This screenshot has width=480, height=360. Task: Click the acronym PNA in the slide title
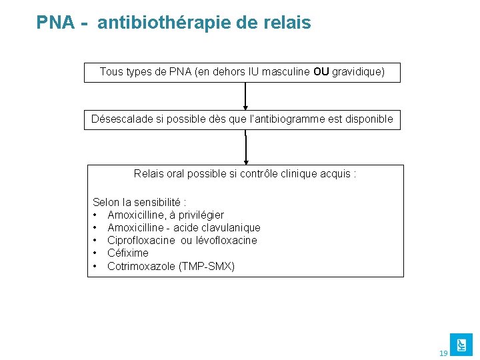coord(56,23)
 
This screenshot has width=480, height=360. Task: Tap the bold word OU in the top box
coord(321,72)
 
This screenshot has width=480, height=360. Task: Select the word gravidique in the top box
coord(358,72)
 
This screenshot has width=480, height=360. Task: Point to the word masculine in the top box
coord(286,72)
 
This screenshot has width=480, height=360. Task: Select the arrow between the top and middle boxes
coord(246,96)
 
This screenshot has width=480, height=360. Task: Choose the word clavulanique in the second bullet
coord(231,227)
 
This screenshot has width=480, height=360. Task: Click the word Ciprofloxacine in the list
coord(141,240)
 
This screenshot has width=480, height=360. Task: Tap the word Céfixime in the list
coord(128,253)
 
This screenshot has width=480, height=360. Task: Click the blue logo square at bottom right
coord(461,344)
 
